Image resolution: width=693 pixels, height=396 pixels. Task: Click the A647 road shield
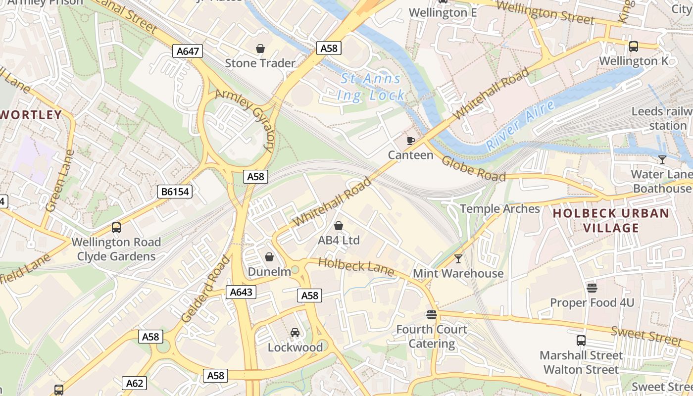pos(188,51)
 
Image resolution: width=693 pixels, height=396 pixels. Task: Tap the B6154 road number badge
pos(175,192)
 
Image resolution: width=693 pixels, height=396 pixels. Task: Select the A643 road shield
pos(241,292)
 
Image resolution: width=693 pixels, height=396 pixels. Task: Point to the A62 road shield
pos(134,383)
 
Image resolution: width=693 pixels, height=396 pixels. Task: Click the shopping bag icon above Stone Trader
pos(260,49)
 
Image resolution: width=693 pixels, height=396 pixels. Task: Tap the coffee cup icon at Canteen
pos(410,141)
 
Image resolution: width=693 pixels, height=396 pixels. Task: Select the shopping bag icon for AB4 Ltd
pos(339,226)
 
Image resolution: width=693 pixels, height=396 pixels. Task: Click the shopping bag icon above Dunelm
pos(269,257)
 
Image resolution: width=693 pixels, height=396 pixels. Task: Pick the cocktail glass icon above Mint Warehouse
pos(458,258)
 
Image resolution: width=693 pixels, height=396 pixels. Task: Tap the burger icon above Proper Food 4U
pos(592,288)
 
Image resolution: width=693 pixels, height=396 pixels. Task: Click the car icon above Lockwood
pos(295,332)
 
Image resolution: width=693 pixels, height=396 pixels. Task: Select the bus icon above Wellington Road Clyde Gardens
pos(116,228)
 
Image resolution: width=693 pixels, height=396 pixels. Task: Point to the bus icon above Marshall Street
pos(581,341)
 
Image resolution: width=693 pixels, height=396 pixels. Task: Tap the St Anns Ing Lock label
pos(371,87)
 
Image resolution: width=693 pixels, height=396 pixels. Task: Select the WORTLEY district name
pos(31,115)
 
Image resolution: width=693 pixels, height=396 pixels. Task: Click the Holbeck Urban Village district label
pos(611,221)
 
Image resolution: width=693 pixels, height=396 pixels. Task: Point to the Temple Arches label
pos(500,208)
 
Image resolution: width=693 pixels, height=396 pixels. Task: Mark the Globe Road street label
pos(473,169)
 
